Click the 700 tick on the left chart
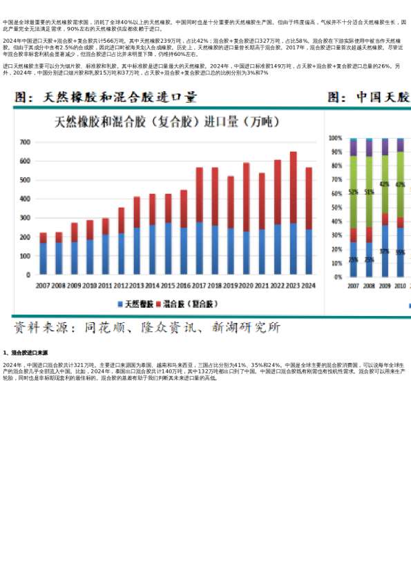(25, 142)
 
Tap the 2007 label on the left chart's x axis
(43, 285)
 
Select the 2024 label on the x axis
(309, 285)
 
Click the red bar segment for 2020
(246, 197)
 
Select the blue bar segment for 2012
(121, 253)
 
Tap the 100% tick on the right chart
(336, 138)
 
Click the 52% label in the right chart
(353, 192)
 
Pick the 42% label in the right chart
(384, 184)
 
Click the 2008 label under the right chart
(369, 285)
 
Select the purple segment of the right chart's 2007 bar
(353, 148)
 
